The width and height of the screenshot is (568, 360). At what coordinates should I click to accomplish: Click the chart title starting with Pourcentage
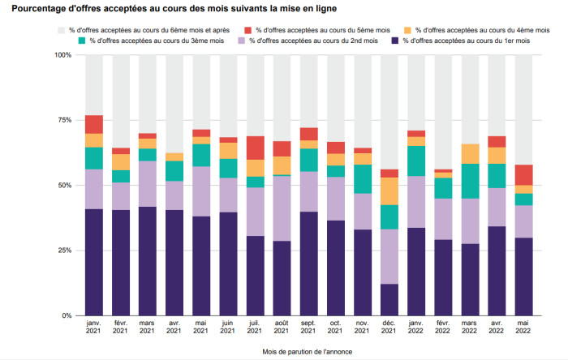point(174,8)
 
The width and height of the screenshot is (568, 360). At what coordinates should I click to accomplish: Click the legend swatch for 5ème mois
point(247,30)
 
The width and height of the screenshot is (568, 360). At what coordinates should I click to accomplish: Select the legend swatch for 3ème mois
point(82,41)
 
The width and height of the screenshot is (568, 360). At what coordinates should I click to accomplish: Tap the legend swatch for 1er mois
point(395,41)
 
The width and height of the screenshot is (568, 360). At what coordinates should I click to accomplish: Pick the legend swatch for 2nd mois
point(242,41)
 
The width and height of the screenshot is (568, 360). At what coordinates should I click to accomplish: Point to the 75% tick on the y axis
point(62,120)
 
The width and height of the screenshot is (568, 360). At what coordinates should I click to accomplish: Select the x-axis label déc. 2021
point(389,327)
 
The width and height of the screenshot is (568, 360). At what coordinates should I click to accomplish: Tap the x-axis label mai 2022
point(523,327)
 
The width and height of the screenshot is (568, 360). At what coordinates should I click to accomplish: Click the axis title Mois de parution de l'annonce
point(308,352)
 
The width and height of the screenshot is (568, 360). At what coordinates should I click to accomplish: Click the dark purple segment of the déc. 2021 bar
point(389,300)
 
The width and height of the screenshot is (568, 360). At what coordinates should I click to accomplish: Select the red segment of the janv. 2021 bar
point(94,125)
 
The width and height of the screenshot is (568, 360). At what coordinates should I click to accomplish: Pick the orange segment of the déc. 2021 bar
point(389,191)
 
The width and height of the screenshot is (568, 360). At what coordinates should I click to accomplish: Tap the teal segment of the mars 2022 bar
point(470,182)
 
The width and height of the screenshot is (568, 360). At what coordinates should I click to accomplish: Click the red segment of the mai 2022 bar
point(524,175)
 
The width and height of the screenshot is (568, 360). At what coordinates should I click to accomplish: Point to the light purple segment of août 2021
point(282,208)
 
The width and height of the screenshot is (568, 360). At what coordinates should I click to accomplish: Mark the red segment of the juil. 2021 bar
point(256,148)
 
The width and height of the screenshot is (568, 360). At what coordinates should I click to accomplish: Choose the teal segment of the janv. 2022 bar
point(416,161)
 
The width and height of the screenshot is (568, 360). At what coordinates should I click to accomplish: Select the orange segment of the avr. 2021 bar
point(174,157)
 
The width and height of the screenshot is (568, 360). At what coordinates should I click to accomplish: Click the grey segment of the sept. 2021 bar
point(309,92)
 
